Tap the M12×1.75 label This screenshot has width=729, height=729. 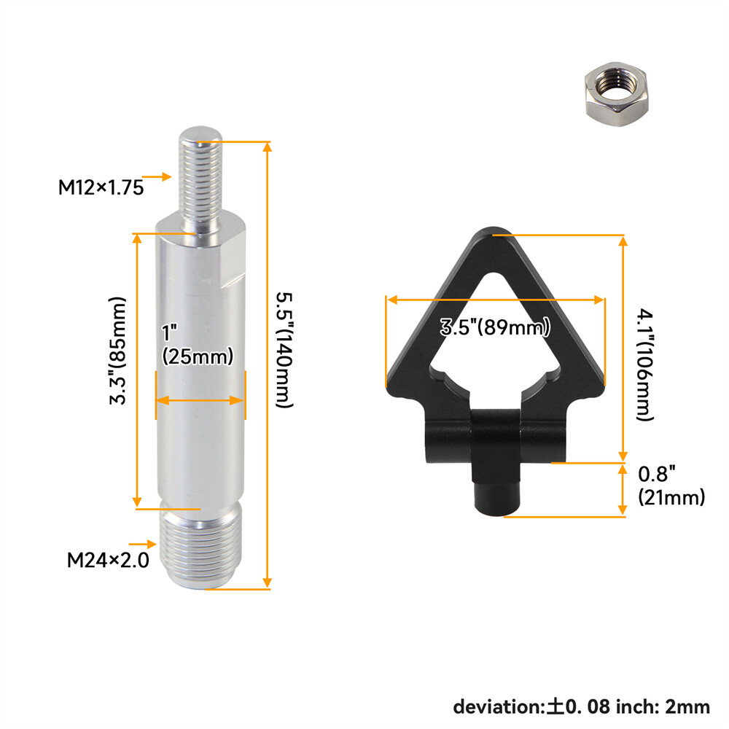pyautogui.click(x=101, y=187)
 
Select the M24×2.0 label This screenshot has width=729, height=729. pyautogui.click(x=108, y=560)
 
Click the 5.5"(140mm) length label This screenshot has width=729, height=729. pyautogui.click(x=284, y=350)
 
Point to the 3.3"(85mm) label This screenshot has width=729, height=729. pyautogui.click(x=117, y=351)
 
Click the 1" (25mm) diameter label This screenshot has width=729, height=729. pyautogui.click(x=197, y=345)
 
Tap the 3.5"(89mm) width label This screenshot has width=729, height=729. pyautogui.click(x=495, y=327)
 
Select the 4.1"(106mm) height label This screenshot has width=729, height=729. pyautogui.click(x=645, y=364)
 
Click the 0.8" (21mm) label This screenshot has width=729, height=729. pyautogui.click(x=671, y=486)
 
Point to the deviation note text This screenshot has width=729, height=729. pyautogui.click(x=582, y=706)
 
